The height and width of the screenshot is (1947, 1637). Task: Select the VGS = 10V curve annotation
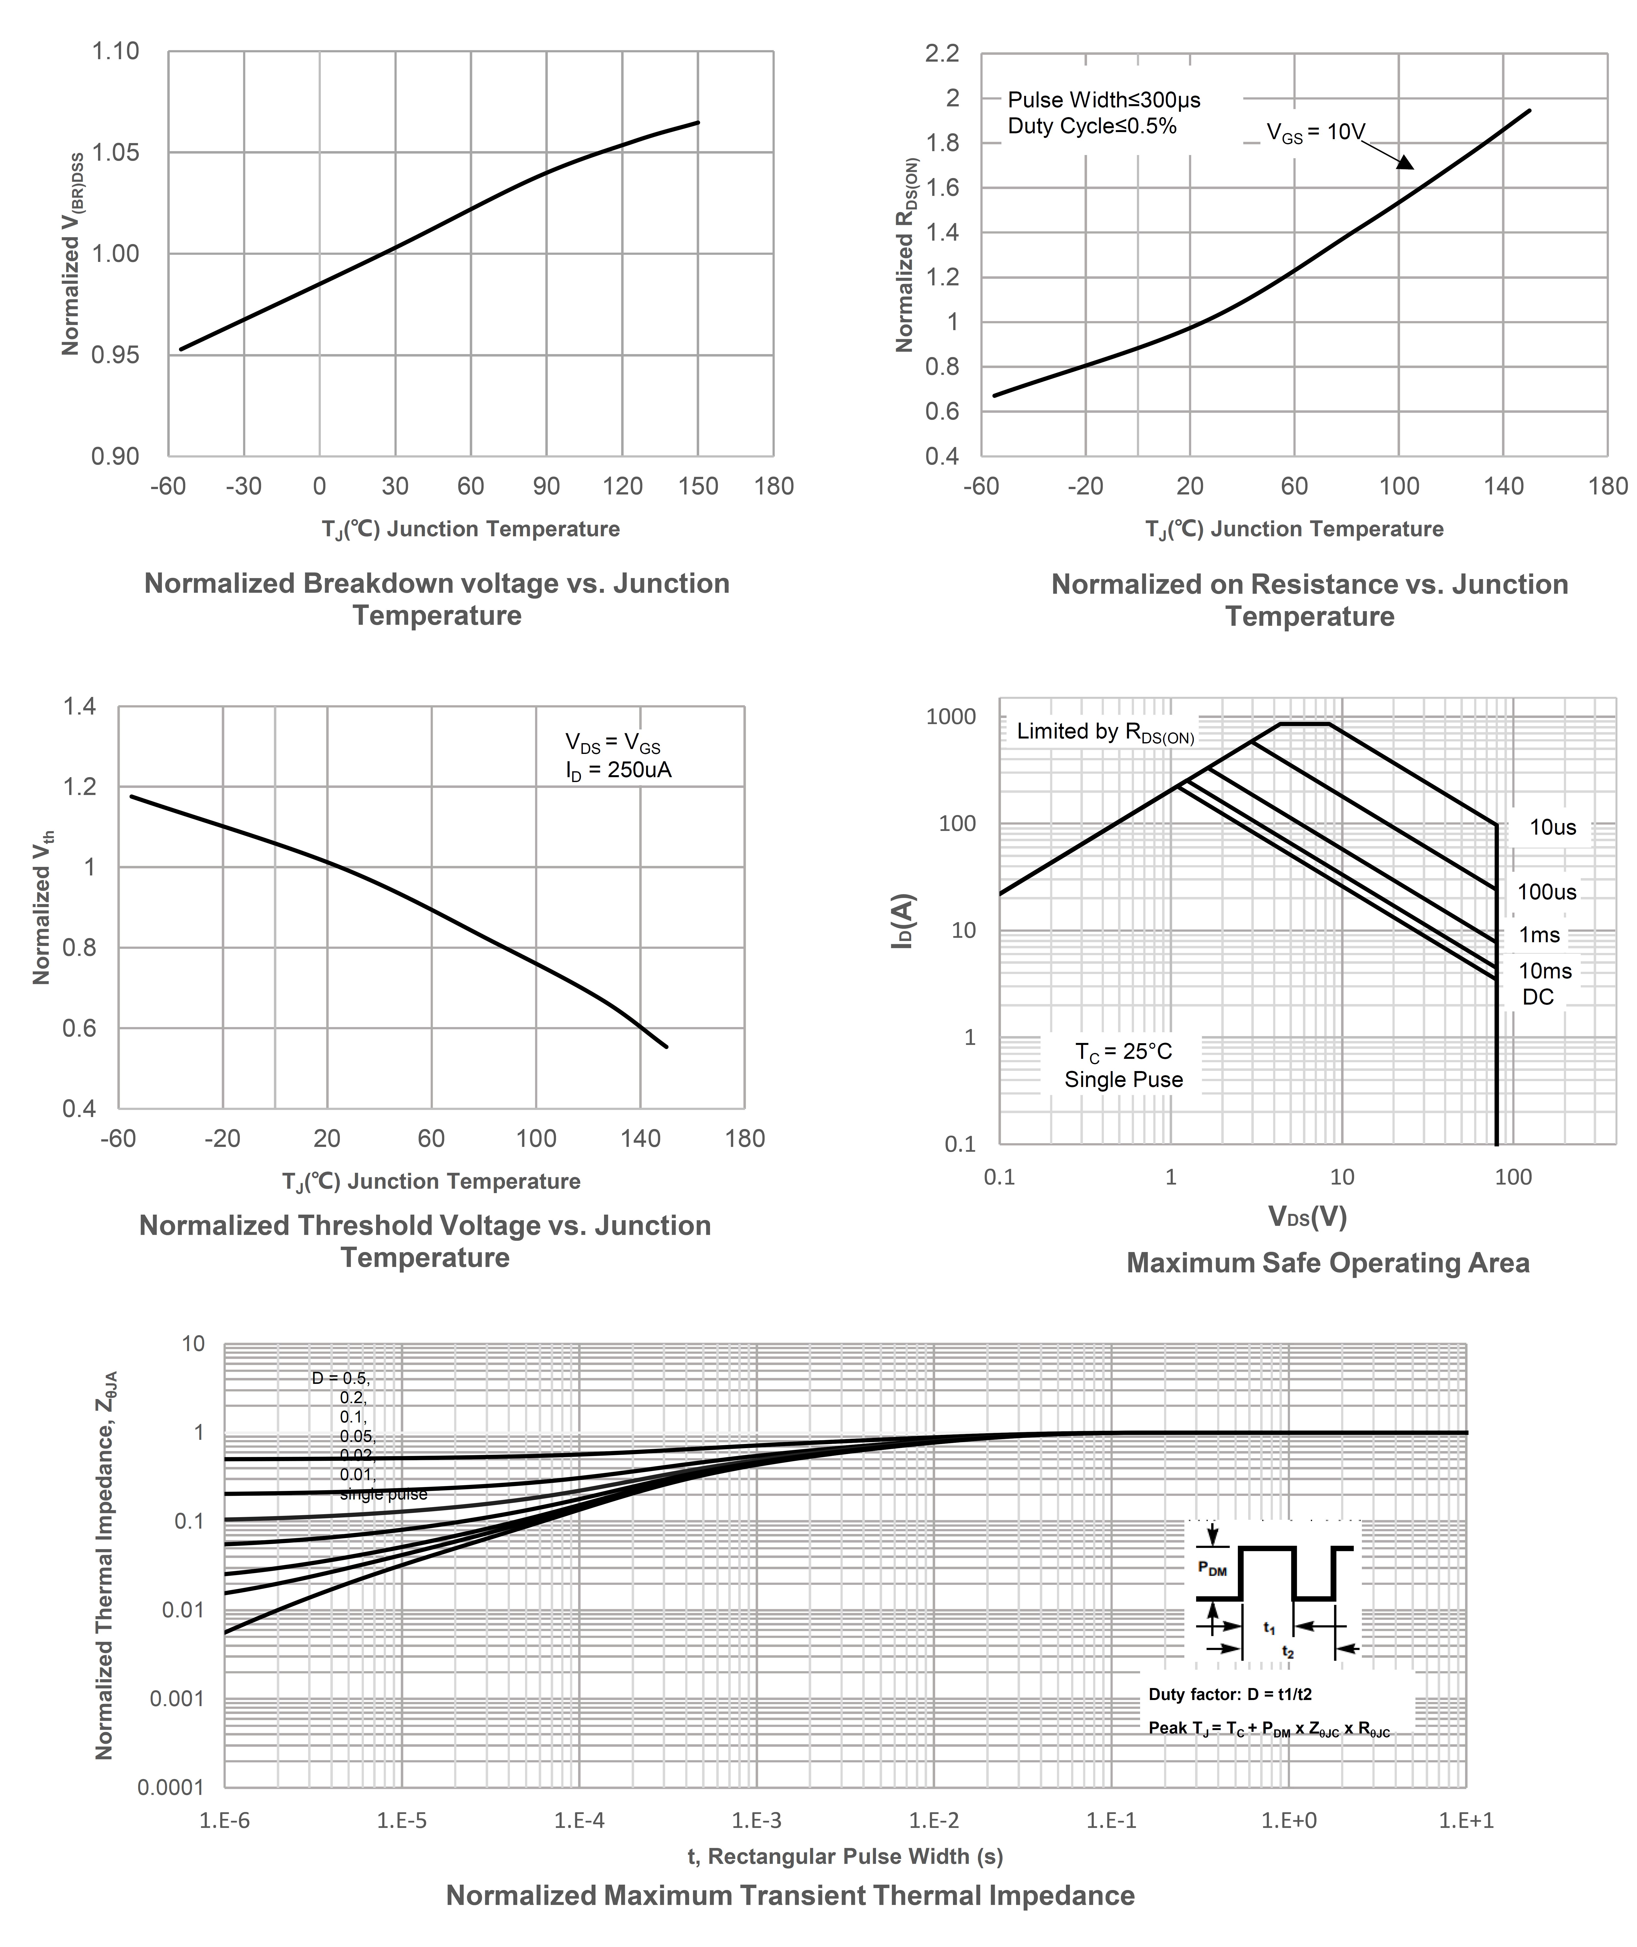click(1316, 133)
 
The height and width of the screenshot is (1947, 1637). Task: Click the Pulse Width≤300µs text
click(1103, 99)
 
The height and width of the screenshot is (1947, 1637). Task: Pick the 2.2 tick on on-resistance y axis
click(942, 54)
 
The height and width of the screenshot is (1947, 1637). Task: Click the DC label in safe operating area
click(1538, 998)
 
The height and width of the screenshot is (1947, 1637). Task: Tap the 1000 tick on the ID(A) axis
click(951, 716)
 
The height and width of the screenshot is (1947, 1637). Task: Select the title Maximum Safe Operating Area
click(1328, 1263)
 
